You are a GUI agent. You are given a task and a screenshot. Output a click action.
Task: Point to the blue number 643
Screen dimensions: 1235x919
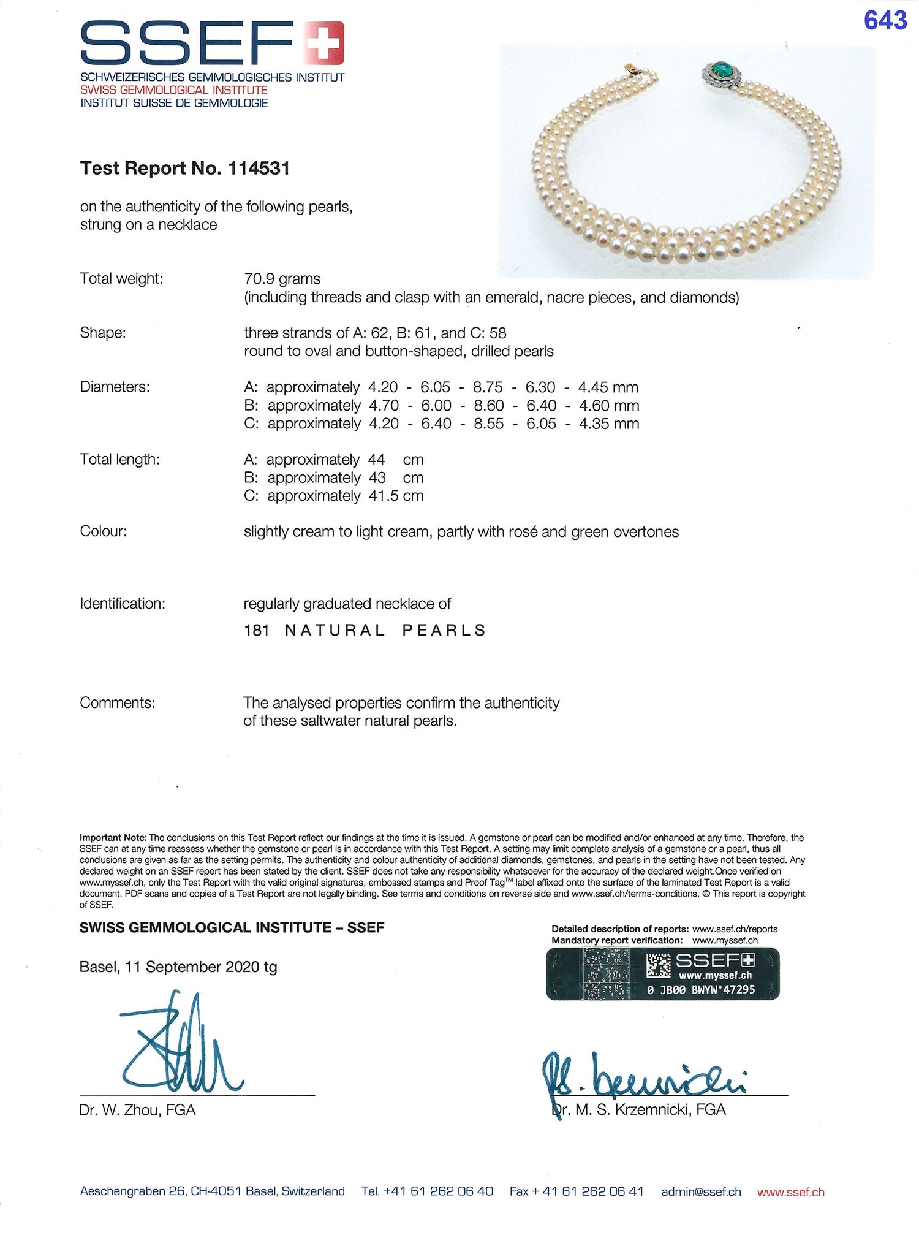pyautogui.click(x=885, y=21)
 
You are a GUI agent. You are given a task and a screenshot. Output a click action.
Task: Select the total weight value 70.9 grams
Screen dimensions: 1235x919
pyautogui.click(x=282, y=279)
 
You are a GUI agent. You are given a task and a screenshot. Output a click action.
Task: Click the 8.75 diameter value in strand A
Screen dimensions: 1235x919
pyautogui.click(x=488, y=387)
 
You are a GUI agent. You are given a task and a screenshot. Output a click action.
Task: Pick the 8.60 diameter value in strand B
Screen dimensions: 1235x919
pyautogui.click(x=488, y=406)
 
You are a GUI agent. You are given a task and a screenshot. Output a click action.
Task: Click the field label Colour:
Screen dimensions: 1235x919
pyautogui.click(x=104, y=531)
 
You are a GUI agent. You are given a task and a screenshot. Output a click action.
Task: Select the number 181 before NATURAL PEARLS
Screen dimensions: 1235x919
pyautogui.click(x=257, y=630)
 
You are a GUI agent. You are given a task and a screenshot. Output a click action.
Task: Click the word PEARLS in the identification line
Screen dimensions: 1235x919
pyautogui.click(x=444, y=630)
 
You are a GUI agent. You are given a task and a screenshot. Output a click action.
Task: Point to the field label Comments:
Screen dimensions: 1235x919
pyautogui.click(x=117, y=702)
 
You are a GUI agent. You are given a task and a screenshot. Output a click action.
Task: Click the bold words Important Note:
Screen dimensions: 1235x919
pyautogui.click(x=113, y=837)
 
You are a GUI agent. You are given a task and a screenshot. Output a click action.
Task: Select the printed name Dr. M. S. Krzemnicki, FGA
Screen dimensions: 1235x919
pyautogui.click(x=639, y=1109)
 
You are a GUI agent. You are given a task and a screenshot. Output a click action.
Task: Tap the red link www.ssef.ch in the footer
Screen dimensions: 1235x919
pyautogui.click(x=790, y=1192)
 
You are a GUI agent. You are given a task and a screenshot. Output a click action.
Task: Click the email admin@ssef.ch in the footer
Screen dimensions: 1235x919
pyautogui.click(x=701, y=1192)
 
